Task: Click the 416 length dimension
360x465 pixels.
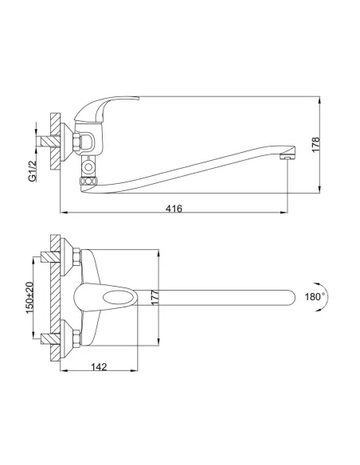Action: (x=174, y=209)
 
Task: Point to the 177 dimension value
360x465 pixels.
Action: (x=156, y=298)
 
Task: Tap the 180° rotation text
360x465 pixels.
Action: (x=314, y=296)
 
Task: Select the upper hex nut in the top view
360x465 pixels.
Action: (x=72, y=258)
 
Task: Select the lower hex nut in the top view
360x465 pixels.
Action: (x=72, y=340)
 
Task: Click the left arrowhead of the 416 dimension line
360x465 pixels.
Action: (x=65, y=214)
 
